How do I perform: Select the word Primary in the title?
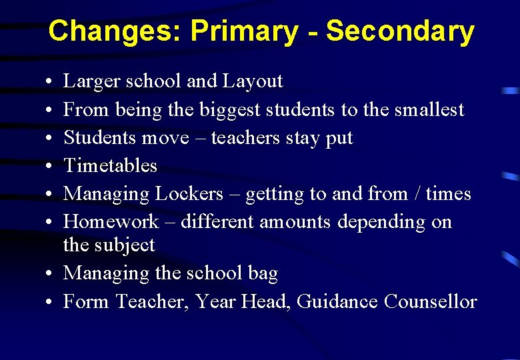[x=245, y=31]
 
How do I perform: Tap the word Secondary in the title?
[x=400, y=31]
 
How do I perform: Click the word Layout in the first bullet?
[x=253, y=82]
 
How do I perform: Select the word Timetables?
[x=110, y=166]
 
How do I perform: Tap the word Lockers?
[x=189, y=194]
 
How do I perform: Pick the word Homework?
[x=111, y=222]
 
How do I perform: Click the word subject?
[x=125, y=246]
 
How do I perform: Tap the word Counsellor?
[x=431, y=302]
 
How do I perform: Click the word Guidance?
[x=337, y=302]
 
